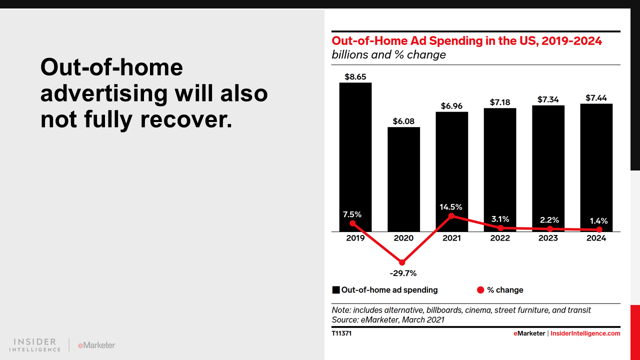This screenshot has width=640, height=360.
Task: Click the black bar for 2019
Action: pos(355,150)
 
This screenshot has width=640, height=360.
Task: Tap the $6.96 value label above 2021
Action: pos(451,106)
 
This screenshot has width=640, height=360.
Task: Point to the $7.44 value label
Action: pos(596,98)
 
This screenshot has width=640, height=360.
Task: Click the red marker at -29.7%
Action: pos(402,262)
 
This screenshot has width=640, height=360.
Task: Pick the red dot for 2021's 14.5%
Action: pos(451,216)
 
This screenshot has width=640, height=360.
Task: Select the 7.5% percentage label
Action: pos(352,214)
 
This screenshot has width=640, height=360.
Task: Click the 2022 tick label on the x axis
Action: pos(500,238)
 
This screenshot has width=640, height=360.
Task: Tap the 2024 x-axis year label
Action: pos(596,238)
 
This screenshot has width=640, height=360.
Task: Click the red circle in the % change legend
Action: pos(481,290)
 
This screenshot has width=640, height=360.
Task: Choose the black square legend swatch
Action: pos(336,290)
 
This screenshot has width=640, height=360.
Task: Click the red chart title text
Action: pos(466,41)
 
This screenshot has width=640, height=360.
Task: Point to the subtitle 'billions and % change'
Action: pos(388,54)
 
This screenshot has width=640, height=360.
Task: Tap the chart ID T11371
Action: pos(341,333)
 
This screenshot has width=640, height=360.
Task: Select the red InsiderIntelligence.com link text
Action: pos(585,333)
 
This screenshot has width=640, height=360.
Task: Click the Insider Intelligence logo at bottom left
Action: pos(35,344)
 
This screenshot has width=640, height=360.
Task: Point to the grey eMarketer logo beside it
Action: pos(96,345)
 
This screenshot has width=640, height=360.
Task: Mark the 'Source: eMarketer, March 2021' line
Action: pos(388,319)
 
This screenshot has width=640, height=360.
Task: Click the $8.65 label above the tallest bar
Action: pos(355,77)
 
